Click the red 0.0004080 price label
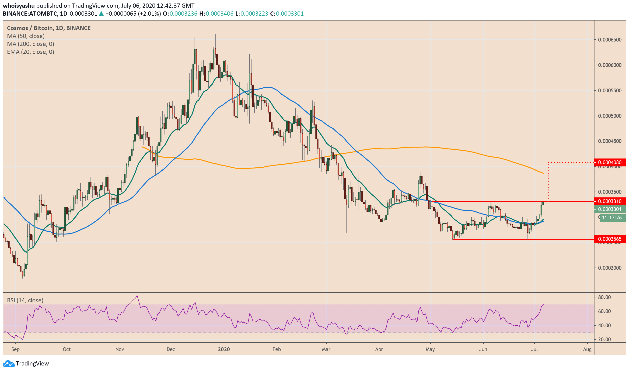(609, 162)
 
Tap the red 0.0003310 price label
(609, 201)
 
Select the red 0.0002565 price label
(609, 239)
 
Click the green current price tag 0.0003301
(609, 209)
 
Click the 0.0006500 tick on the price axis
(609, 40)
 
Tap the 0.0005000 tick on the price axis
(609, 116)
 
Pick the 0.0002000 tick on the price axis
(609, 268)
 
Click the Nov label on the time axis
(120, 349)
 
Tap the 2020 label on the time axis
(224, 349)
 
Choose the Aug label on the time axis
(587, 349)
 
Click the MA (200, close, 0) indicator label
(30, 44)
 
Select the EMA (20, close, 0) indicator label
(30, 52)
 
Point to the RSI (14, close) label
(25, 300)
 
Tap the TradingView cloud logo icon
(9, 363)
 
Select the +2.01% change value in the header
(150, 14)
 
